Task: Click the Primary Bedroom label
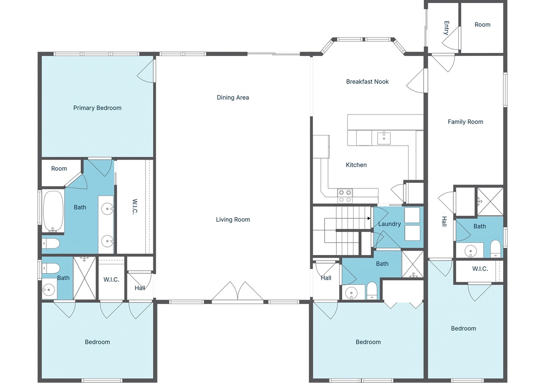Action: (x=97, y=108)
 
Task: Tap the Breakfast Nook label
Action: (x=367, y=82)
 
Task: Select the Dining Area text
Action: (x=233, y=98)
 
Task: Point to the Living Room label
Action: (x=233, y=219)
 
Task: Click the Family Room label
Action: (x=465, y=122)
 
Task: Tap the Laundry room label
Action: (x=389, y=224)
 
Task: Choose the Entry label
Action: (x=447, y=28)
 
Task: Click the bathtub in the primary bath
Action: (x=53, y=211)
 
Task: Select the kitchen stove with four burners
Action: (x=345, y=196)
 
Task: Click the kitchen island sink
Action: (x=384, y=138)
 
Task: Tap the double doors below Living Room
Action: (x=238, y=291)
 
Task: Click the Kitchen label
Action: (x=356, y=165)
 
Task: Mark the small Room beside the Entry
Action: (x=482, y=28)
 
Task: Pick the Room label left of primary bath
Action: (x=59, y=169)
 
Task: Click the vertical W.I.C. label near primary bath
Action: (x=135, y=207)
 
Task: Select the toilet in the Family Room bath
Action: (x=495, y=248)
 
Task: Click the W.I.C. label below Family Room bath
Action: (x=480, y=269)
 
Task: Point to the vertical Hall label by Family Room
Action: (x=444, y=221)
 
